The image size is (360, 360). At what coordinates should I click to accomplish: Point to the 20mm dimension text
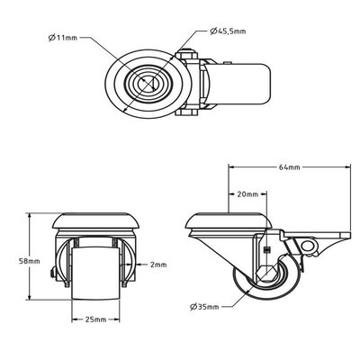(x=248, y=193)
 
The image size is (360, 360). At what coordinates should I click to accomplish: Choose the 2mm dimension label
(x=160, y=265)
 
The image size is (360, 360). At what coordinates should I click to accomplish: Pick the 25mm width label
(x=94, y=319)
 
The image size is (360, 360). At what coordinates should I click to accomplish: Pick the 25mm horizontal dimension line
(x=94, y=310)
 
